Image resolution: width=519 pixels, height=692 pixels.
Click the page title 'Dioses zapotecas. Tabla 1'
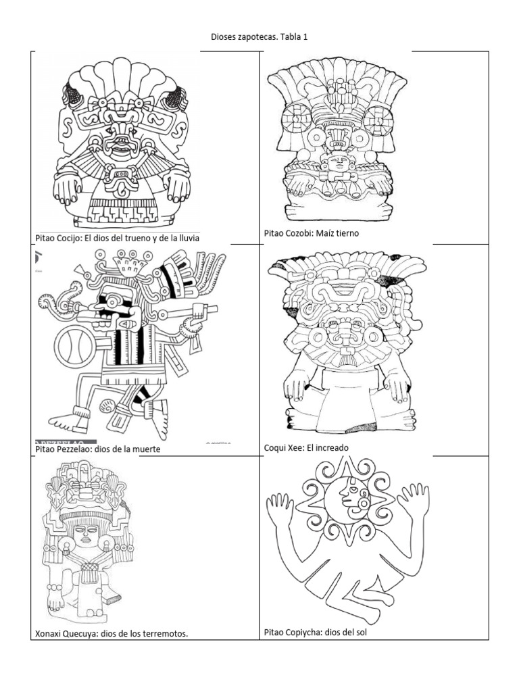(x=259, y=37)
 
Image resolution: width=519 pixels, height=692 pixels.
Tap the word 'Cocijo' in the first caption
(x=70, y=239)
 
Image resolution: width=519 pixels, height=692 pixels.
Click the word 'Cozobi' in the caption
(x=300, y=233)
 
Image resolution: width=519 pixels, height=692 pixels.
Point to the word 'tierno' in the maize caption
(x=347, y=233)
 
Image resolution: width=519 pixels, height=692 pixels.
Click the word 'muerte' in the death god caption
(x=148, y=449)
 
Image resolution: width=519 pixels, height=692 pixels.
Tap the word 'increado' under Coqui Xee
(x=333, y=448)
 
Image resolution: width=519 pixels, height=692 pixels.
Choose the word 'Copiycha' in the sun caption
(x=304, y=633)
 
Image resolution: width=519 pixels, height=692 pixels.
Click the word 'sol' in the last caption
(x=361, y=633)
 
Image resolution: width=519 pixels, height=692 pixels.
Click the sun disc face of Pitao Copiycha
(x=348, y=500)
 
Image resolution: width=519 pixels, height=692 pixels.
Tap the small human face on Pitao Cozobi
(x=338, y=163)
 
